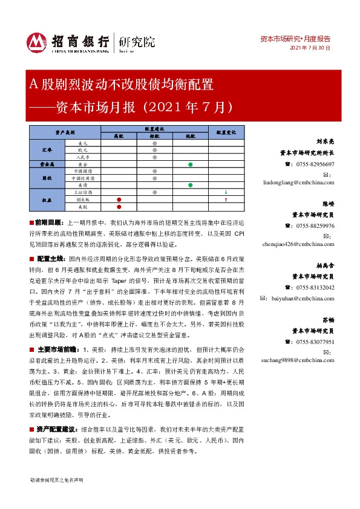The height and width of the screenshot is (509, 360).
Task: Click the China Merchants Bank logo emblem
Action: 38,42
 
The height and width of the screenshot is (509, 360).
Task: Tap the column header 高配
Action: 119,137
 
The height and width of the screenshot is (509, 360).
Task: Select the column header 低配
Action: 190,137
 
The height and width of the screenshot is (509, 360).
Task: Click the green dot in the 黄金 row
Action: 190,164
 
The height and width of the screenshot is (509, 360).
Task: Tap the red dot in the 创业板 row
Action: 119,199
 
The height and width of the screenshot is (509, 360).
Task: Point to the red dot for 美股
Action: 119,206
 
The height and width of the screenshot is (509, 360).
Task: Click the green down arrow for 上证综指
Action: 226,192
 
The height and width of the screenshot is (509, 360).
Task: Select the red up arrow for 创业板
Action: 226,199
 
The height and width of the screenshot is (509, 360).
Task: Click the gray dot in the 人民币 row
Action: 154,157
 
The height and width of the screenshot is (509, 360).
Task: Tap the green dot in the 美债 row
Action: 190,185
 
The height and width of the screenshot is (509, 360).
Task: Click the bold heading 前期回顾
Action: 50,223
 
